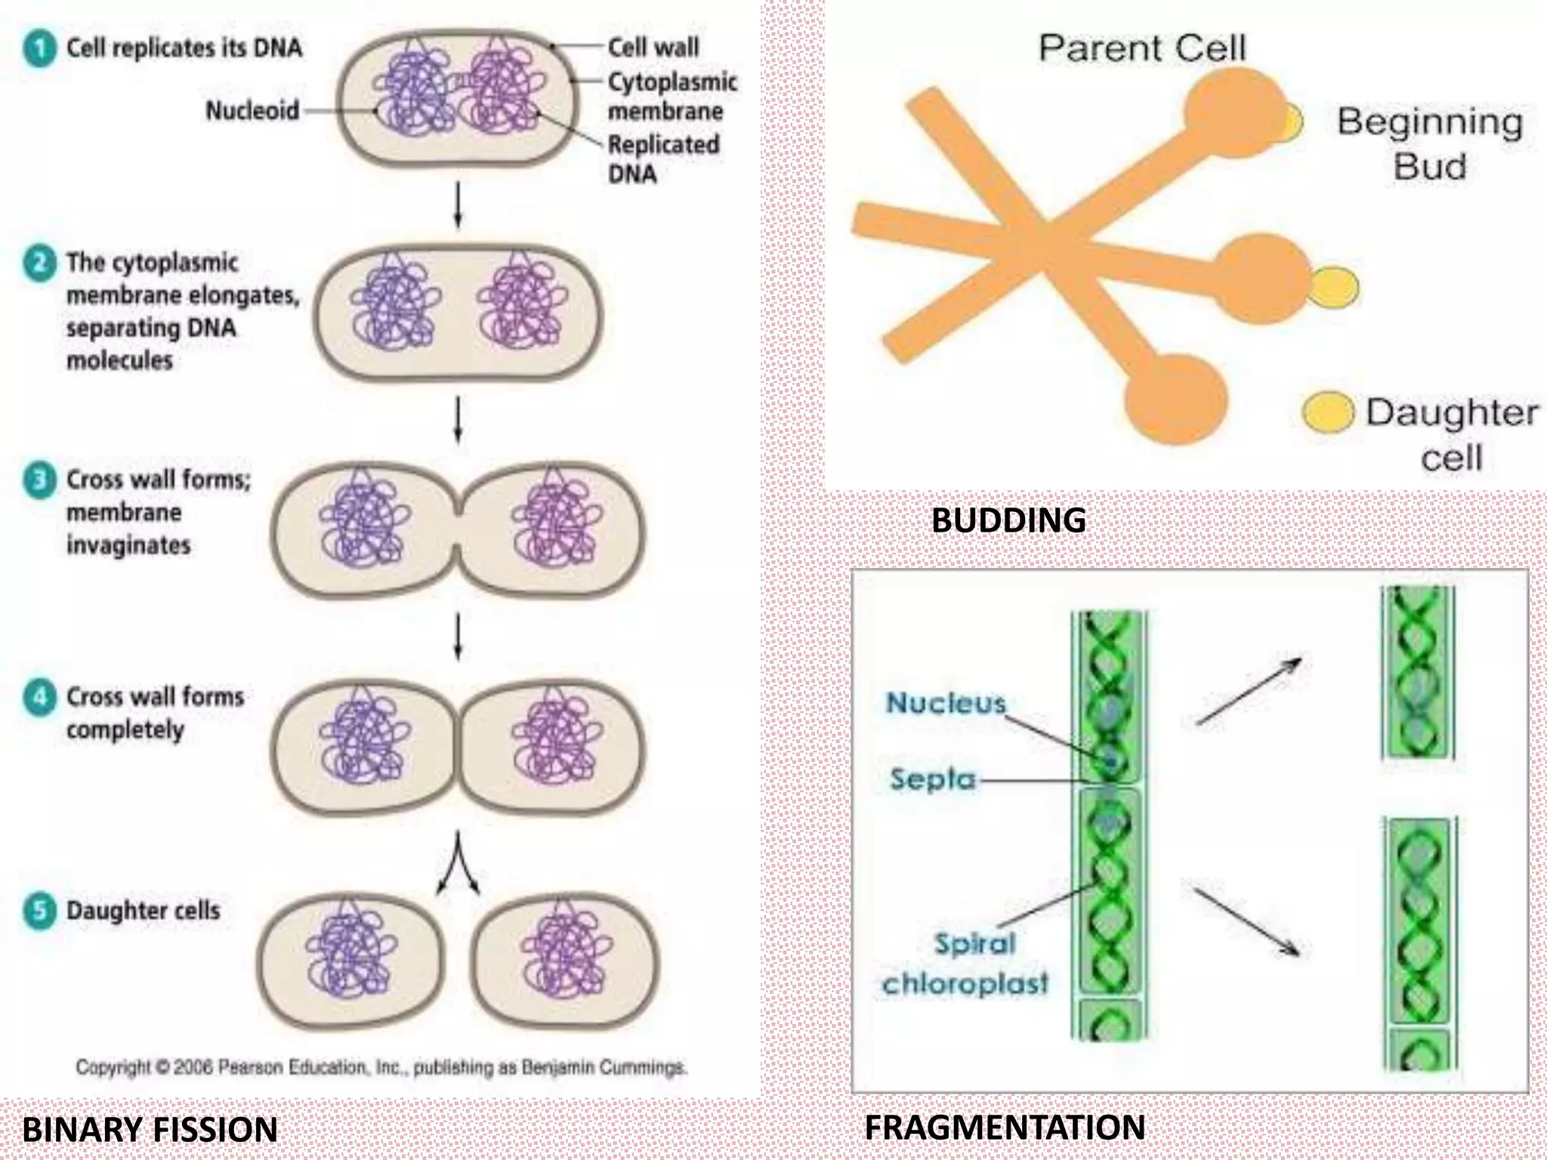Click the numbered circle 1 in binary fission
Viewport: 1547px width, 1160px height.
(x=39, y=49)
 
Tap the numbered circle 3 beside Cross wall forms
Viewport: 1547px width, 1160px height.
(x=39, y=480)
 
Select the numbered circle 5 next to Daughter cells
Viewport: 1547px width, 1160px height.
(x=39, y=911)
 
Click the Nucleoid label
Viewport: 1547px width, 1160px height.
(x=252, y=111)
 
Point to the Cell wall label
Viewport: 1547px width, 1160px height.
(x=653, y=48)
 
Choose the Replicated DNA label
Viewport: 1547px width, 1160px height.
(x=662, y=159)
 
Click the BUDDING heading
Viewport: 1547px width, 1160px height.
(x=1008, y=520)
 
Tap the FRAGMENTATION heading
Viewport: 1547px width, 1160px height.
(x=1004, y=1128)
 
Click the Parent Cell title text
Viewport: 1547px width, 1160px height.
(x=1141, y=49)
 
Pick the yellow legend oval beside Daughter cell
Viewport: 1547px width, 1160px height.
(x=1327, y=412)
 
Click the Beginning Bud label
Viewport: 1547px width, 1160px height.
(x=1429, y=143)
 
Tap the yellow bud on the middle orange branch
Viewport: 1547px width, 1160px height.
(x=1335, y=287)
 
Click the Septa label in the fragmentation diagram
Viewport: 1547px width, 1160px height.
(x=933, y=779)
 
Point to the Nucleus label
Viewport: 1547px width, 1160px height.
(x=946, y=703)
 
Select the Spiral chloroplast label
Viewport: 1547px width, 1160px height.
(x=965, y=964)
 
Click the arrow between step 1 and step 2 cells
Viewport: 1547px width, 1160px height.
(x=458, y=204)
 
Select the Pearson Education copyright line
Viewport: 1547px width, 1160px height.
(x=381, y=1068)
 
